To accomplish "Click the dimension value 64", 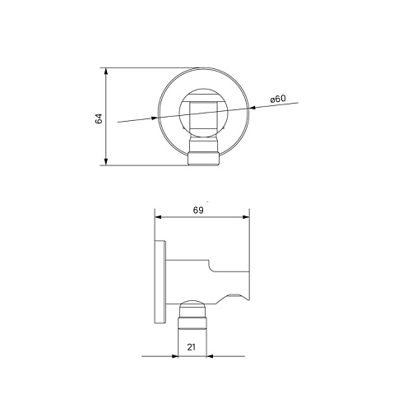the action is pyautogui.click(x=99, y=118).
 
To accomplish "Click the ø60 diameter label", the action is pyautogui.click(x=278, y=99).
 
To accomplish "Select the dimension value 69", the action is pyautogui.click(x=198, y=211).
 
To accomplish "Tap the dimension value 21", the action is pyautogui.click(x=192, y=347).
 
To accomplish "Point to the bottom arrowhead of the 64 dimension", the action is pyautogui.click(x=106, y=162).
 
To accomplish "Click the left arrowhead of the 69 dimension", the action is pyautogui.click(x=158, y=217).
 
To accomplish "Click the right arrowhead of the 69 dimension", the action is pyautogui.click(x=246, y=217).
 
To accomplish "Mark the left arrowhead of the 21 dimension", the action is pyautogui.click(x=174, y=356).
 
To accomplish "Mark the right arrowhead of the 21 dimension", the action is pyautogui.click(x=210, y=356).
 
